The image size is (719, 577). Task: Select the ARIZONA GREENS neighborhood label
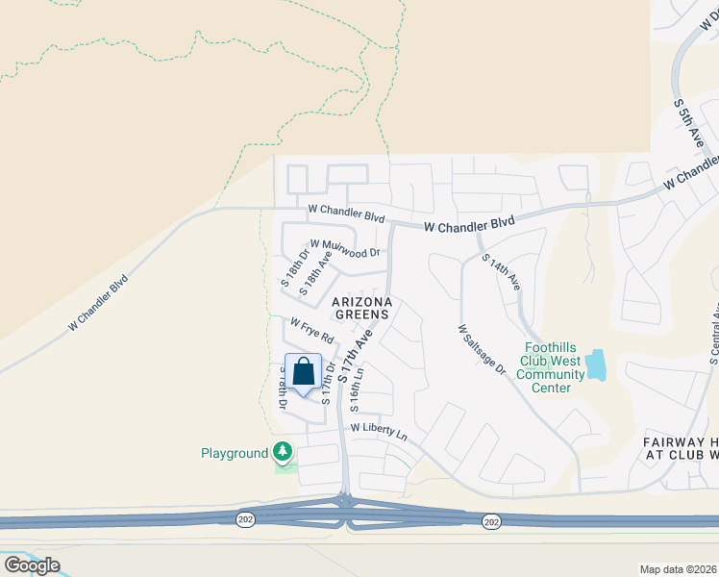(361, 308)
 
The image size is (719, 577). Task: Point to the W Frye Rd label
(311, 332)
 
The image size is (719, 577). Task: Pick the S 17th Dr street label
(329, 382)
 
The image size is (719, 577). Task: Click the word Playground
(234, 453)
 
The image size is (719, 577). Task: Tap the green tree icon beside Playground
(283, 451)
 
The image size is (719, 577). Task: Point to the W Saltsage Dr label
(482, 349)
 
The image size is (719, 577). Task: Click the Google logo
(32, 564)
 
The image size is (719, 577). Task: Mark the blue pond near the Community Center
(597, 364)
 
